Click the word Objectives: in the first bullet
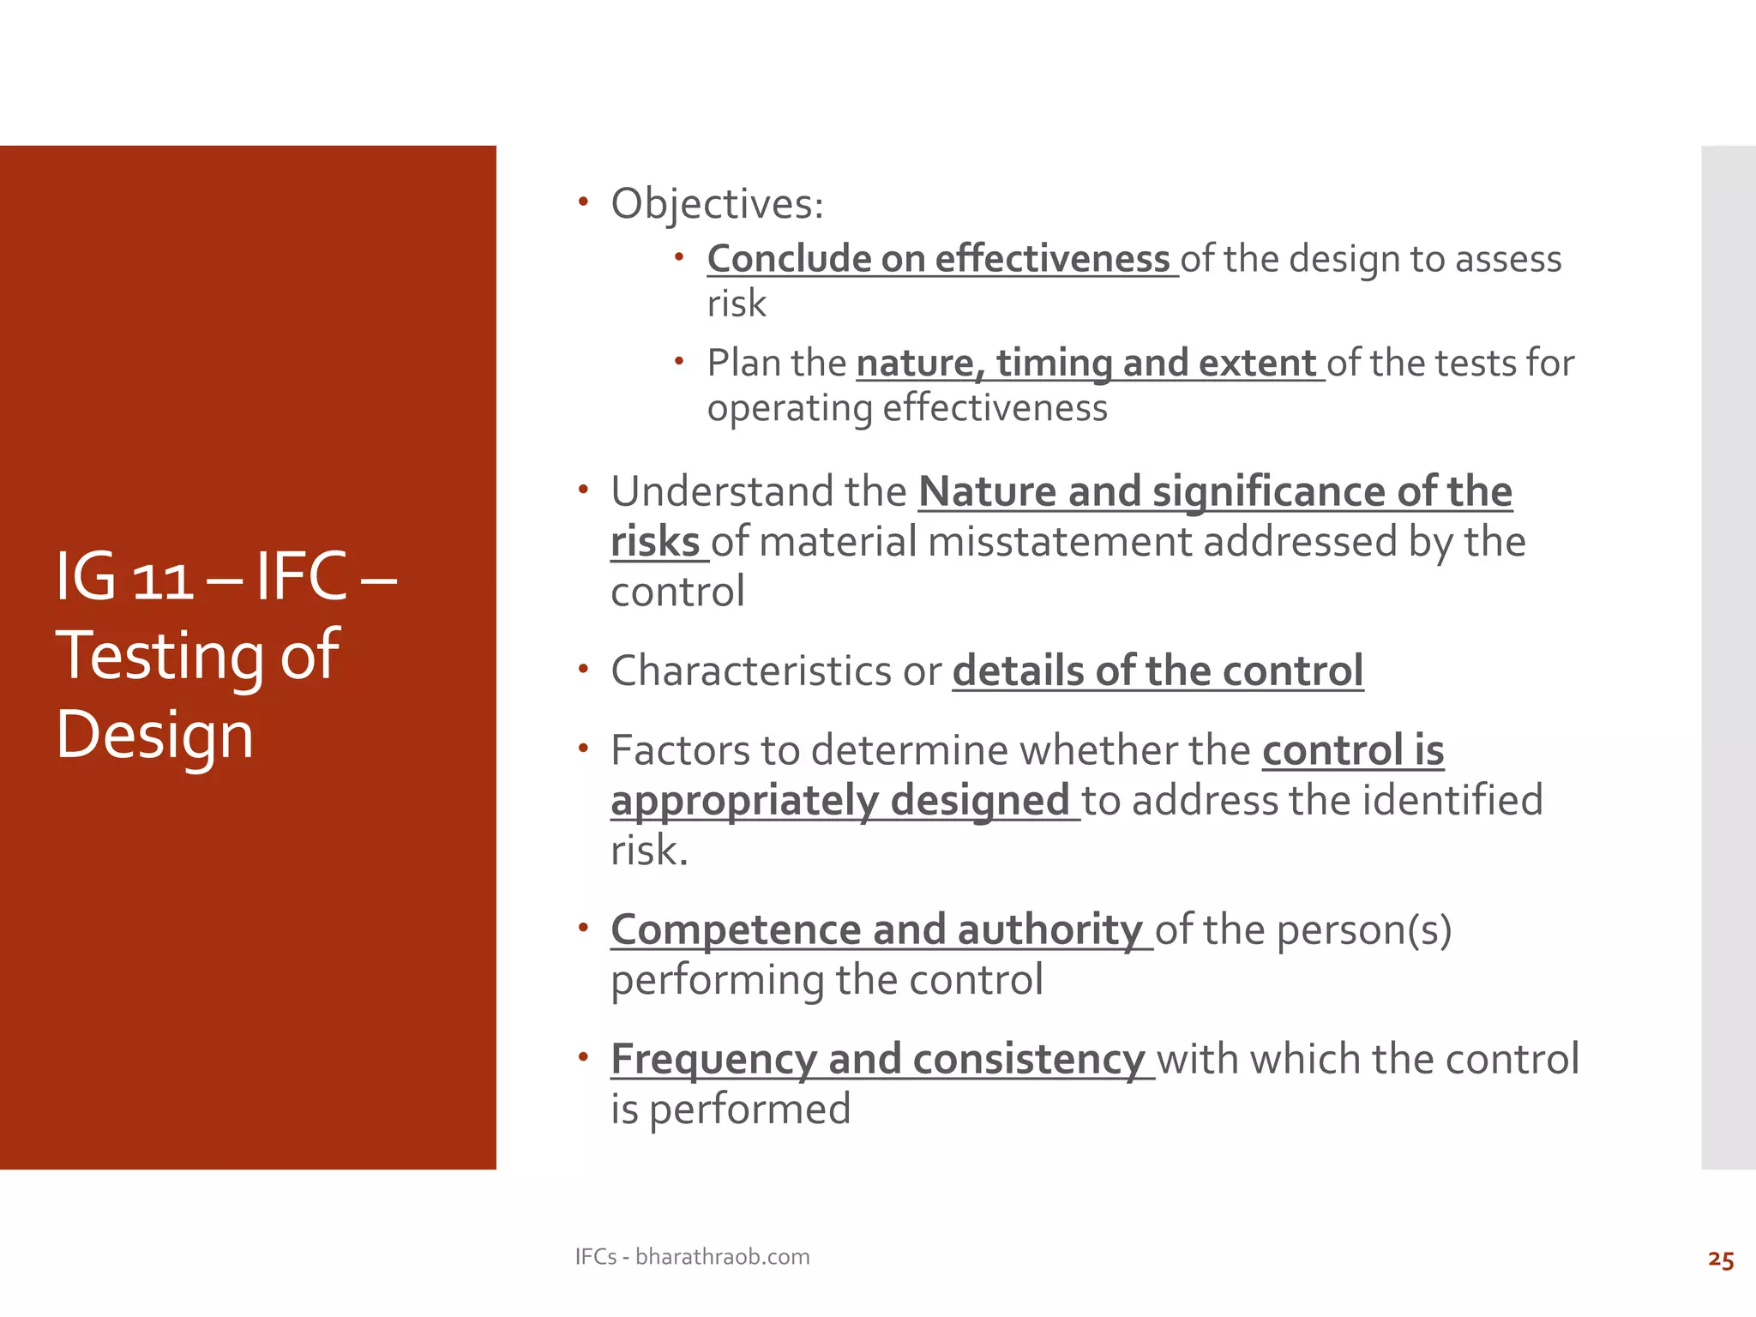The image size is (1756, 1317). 717,205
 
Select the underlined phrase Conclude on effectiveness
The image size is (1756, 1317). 938,259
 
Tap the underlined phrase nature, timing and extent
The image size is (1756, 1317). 1085,364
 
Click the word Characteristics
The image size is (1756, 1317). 751,671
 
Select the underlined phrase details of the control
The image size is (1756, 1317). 1158,671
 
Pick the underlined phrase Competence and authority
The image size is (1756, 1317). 876,930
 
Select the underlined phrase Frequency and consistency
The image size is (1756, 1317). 878,1060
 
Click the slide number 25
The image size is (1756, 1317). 1720,1260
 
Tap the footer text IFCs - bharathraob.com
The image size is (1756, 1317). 692,1257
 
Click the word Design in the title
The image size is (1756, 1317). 155,736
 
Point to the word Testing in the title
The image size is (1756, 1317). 159,656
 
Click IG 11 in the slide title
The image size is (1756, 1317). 125,577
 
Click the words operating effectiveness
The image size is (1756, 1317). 907,408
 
